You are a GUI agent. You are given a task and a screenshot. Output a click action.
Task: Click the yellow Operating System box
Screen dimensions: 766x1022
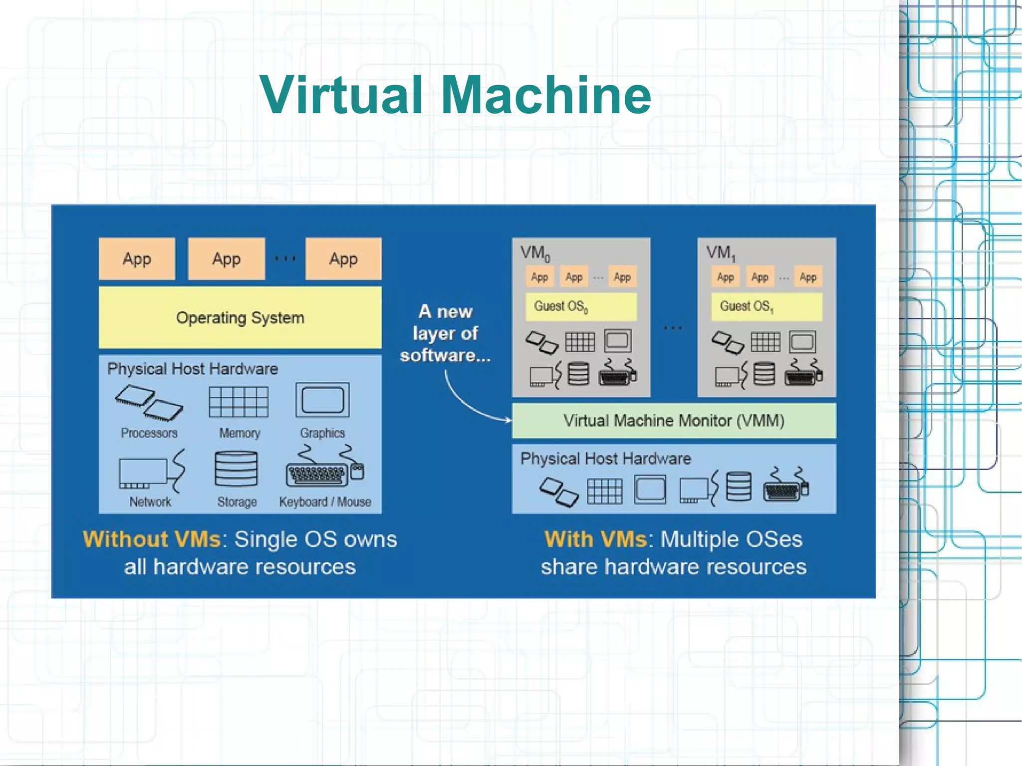click(240, 317)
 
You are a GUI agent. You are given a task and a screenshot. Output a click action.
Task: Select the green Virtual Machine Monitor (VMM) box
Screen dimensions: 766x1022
click(674, 421)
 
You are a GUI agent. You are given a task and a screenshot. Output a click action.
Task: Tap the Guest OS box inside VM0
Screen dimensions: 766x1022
click(581, 306)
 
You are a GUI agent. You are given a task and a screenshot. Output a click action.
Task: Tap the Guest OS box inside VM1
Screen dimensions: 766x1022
click(766, 306)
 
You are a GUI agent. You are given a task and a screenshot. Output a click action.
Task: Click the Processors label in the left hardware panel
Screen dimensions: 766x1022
click(149, 433)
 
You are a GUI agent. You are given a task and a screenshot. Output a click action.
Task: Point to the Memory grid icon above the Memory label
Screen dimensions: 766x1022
click(239, 402)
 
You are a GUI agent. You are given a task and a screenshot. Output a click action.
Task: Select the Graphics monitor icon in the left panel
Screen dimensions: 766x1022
click(322, 400)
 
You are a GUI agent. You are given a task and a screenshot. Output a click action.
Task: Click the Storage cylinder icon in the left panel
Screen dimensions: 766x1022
click(236, 469)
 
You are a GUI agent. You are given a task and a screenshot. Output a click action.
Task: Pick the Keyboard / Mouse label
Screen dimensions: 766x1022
click(325, 502)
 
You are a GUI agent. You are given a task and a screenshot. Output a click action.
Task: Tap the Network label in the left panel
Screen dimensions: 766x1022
click(150, 502)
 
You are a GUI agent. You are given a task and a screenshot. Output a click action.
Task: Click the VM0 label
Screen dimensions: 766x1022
click(535, 253)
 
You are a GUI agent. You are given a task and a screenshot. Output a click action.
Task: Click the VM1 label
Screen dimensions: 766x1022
click(721, 253)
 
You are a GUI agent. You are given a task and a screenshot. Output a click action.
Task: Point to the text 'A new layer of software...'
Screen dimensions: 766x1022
click(445, 333)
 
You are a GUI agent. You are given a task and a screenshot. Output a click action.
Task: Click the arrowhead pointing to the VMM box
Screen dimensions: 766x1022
click(508, 420)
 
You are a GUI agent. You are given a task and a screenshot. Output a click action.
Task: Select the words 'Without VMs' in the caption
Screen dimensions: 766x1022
click(152, 539)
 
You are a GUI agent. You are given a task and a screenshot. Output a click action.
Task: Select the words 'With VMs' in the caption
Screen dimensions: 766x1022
click(596, 539)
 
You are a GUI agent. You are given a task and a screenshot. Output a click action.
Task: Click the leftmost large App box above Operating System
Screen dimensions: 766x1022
click(137, 259)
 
